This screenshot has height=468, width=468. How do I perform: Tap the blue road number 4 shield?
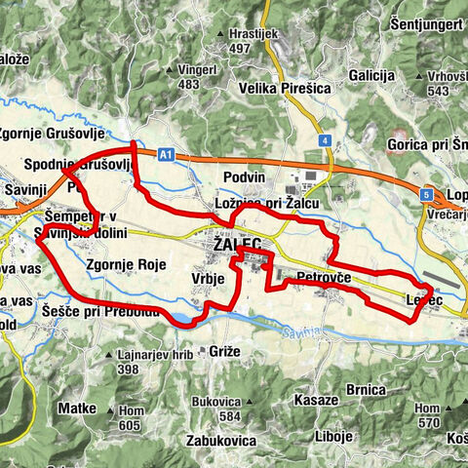pos(324,140)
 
